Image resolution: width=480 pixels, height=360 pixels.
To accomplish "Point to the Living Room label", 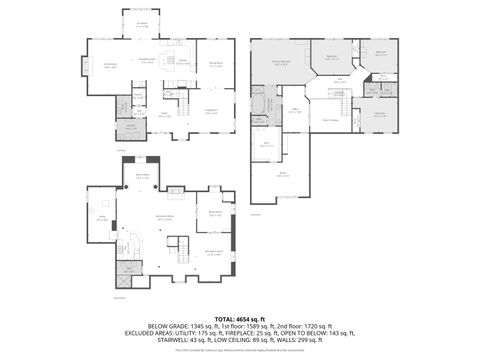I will pyautogui.click(x=211, y=111).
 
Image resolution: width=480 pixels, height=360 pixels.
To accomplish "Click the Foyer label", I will pyautogui.click(x=165, y=115).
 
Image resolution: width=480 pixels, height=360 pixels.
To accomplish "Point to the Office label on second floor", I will pyautogui.click(x=296, y=112).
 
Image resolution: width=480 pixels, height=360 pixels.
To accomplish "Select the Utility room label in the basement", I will pyautogui.click(x=127, y=269).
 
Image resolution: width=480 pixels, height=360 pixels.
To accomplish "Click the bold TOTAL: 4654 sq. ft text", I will pyautogui.click(x=239, y=317).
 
